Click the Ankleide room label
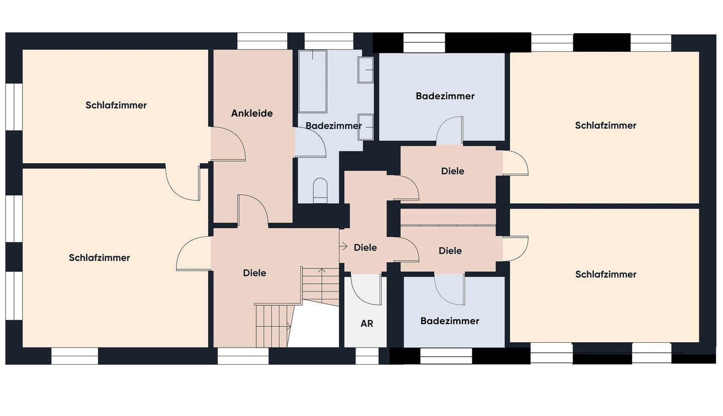click(x=252, y=113)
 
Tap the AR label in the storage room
click(x=367, y=324)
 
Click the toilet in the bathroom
click(x=320, y=190)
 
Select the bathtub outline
click(x=312, y=81)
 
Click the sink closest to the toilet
click(x=366, y=127)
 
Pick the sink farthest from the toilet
click(x=366, y=70)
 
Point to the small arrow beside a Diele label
click(x=343, y=246)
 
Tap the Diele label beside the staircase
click(x=255, y=273)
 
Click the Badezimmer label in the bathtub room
click(x=333, y=126)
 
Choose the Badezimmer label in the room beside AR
click(x=450, y=321)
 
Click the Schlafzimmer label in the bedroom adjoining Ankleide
click(x=116, y=105)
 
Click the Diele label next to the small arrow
click(x=365, y=247)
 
